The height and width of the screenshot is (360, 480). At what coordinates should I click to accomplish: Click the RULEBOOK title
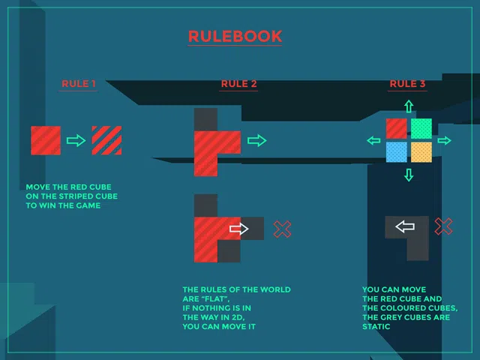pos(235,37)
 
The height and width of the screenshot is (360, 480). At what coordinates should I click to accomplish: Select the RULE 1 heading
pos(79,84)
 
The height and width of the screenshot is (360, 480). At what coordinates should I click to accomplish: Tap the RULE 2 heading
pos(238,84)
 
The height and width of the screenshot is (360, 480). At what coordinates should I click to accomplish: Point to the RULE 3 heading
pos(407,84)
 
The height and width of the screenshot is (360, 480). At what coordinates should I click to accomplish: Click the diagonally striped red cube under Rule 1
pos(106,140)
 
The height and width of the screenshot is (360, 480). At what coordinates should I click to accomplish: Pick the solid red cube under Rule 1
pos(46,140)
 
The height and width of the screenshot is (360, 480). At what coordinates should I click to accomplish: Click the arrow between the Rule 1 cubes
pos(76,140)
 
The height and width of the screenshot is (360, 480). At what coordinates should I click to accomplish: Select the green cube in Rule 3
pos(421,128)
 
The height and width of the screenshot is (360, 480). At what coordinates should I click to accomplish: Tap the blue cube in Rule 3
pos(397,152)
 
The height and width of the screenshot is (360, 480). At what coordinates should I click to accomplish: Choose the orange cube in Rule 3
pos(421,152)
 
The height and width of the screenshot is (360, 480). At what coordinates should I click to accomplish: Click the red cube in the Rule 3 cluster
pos(397,128)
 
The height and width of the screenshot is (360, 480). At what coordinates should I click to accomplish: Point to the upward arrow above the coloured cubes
pos(409,105)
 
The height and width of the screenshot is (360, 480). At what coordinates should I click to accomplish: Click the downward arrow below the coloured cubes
pos(409,175)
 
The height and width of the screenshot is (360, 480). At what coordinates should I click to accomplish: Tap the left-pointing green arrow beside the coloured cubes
pos(373,140)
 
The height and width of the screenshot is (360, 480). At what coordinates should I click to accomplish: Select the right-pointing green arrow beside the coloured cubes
pos(444,140)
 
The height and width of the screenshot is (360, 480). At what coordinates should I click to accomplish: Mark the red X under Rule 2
pos(283,229)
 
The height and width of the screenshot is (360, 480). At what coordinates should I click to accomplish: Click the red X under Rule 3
pos(444,226)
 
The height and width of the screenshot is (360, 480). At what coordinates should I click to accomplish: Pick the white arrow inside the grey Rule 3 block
pos(405,226)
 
